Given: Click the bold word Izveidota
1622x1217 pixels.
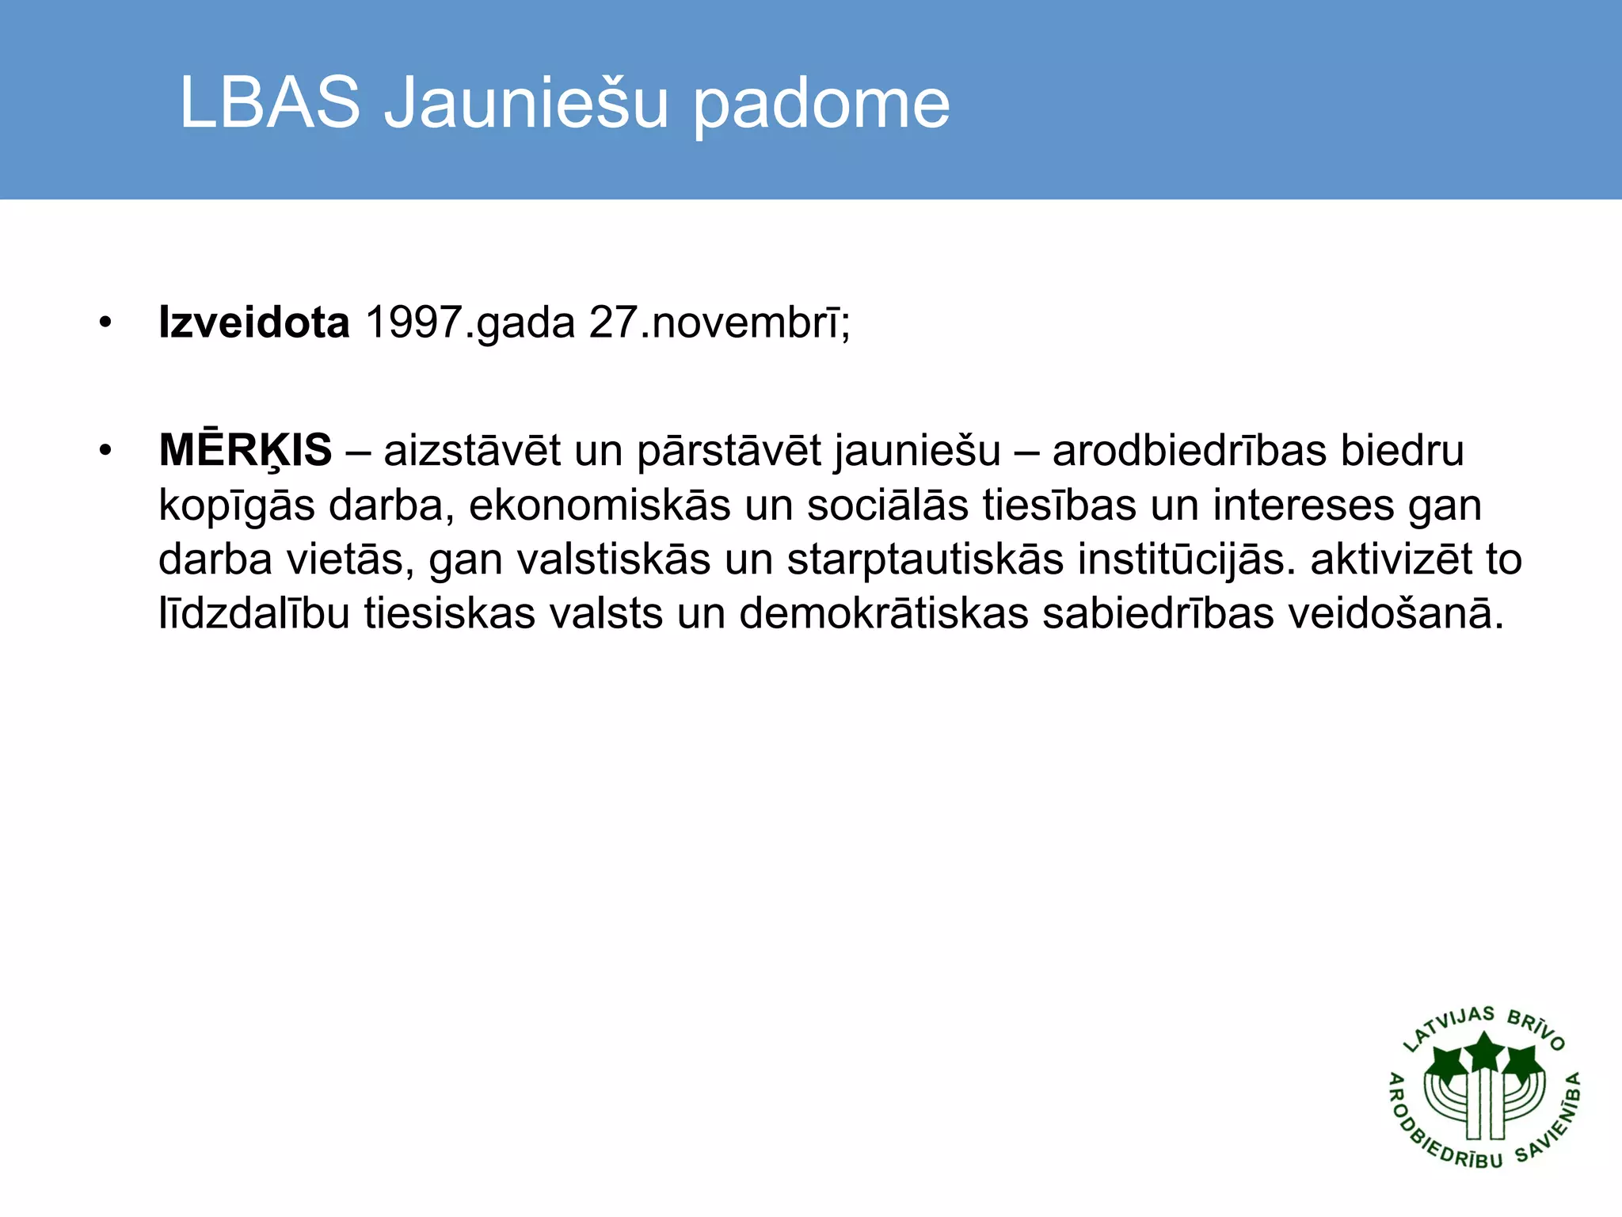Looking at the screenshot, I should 253,322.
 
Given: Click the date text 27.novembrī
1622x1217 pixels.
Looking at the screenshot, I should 718,322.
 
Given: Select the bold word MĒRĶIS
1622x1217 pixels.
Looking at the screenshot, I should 246,451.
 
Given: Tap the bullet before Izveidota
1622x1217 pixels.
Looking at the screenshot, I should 105,323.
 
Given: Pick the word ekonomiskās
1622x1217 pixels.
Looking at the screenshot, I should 600,505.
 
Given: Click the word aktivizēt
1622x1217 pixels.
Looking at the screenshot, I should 1391,559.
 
